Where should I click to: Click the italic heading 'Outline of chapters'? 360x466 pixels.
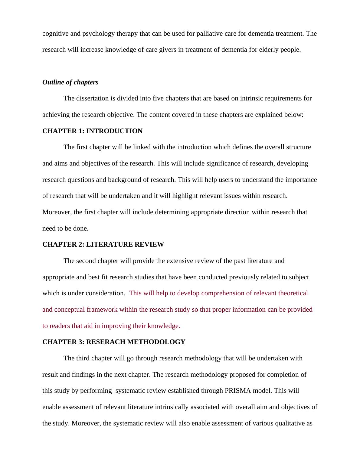(x=70, y=82)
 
